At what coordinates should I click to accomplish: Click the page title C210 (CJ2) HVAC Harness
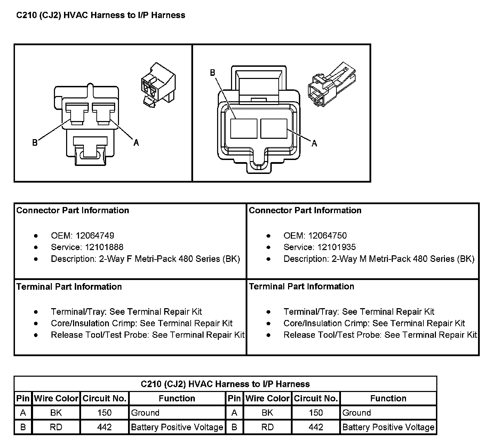click(x=101, y=15)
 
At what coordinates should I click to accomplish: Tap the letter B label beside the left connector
click(x=35, y=143)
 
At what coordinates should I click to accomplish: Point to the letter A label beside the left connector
click(x=136, y=143)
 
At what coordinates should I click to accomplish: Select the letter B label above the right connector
click(x=213, y=73)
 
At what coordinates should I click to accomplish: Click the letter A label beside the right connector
click(x=314, y=143)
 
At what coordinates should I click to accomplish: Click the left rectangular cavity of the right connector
click(x=244, y=128)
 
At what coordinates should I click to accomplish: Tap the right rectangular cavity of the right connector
click(x=274, y=128)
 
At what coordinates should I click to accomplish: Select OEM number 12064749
click(x=95, y=235)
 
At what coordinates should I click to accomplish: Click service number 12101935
click(x=336, y=247)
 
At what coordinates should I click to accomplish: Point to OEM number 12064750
click(x=327, y=235)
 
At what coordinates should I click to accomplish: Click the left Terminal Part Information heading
click(x=69, y=287)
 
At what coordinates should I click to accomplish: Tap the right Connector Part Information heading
click(x=305, y=210)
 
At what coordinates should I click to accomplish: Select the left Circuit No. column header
click(x=104, y=398)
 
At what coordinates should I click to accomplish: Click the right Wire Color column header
click(x=267, y=398)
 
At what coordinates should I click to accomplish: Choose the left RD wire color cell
click(x=56, y=427)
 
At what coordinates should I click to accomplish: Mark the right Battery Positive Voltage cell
click(x=388, y=427)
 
